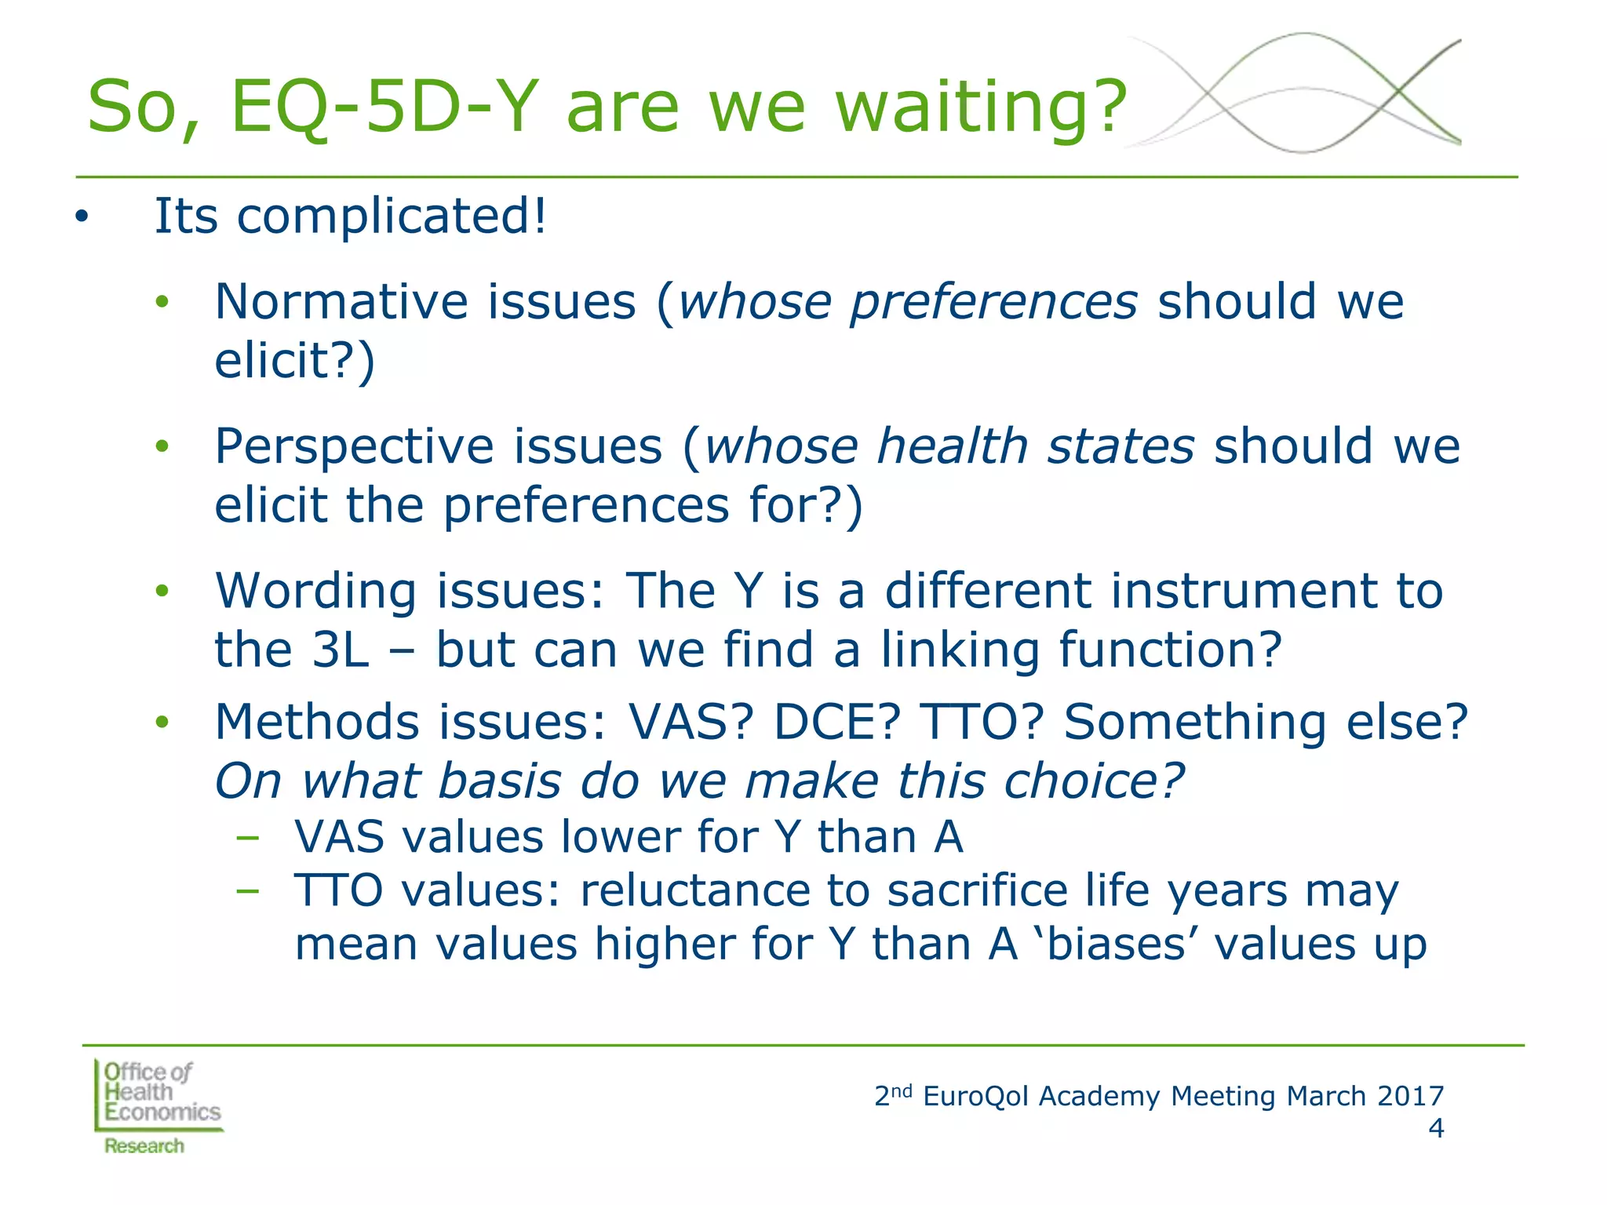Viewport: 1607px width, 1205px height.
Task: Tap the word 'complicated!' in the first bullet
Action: point(391,216)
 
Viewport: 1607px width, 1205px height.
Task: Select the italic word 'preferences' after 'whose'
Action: point(993,302)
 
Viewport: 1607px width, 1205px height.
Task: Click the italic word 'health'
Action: point(952,446)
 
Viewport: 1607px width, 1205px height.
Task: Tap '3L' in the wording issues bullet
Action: point(340,650)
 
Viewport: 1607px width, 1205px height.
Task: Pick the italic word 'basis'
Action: point(499,781)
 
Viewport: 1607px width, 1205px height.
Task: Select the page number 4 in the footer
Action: point(1435,1129)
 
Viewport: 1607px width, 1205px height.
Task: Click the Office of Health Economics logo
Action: point(157,1106)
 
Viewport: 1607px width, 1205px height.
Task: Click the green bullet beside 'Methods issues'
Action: point(162,723)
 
